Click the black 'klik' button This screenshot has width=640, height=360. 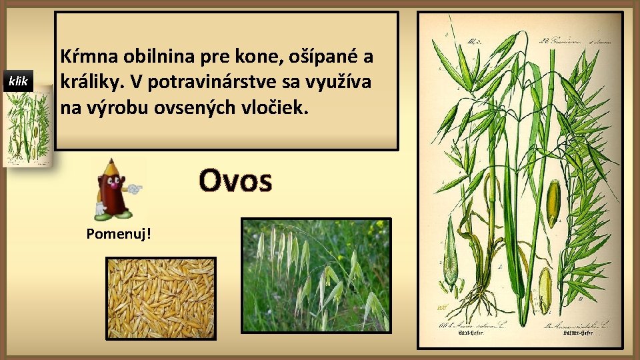point(18,81)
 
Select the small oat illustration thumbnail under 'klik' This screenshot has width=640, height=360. point(27,127)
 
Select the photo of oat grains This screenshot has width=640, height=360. point(161,297)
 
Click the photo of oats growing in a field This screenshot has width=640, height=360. point(315,275)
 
